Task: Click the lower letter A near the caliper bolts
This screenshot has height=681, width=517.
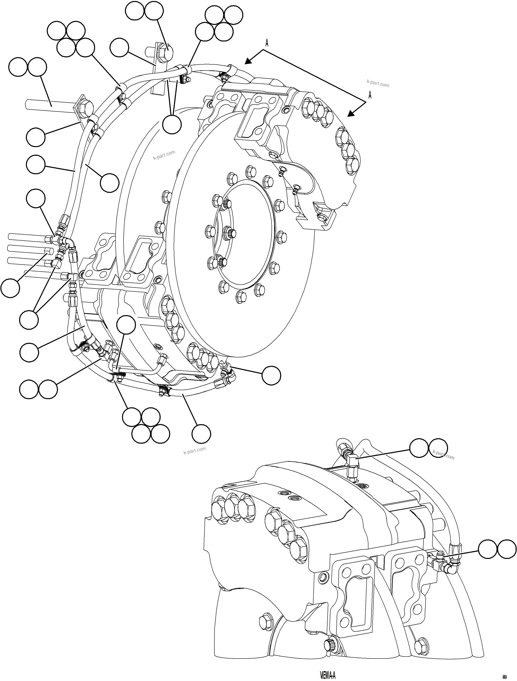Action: pyautogui.click(x=370, y=95)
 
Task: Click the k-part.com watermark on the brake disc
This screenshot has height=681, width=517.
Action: pyautogui.click(x=164, y=155)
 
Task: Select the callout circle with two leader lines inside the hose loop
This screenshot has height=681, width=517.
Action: pyautogui.click(x=172, y=124)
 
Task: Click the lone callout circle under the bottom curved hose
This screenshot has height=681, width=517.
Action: pyautogui.click(x=201, y=434)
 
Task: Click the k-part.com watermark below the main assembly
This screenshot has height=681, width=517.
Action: pyautogui.click(x=195, y=451)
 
